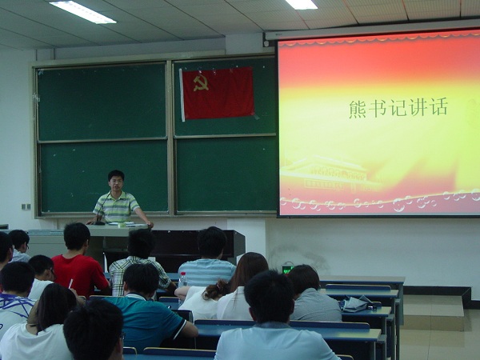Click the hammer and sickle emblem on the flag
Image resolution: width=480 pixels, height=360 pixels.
click(x=201, y=83)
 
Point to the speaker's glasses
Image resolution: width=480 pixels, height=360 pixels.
click(x=116, y=182)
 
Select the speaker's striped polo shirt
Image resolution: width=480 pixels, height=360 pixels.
click(x=117, y=206)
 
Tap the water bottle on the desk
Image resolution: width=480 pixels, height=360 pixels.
click(x=182, y=280)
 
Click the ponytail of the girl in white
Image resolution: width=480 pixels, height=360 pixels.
click(x=215, y=290)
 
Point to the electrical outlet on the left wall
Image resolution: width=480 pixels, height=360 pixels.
click(x=26, y=206)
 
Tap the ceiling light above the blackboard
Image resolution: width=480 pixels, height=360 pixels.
click(x=82, y=12)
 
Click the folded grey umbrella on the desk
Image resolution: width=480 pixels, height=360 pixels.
click(x=357, y=304)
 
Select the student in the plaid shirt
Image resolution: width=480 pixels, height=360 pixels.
click(x=139, y=263)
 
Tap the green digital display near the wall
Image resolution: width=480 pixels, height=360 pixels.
click(x=288, y=269)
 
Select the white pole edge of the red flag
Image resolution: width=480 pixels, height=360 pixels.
click(x=182, y=95)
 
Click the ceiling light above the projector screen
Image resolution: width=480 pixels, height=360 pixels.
click(x=302, y=4)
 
